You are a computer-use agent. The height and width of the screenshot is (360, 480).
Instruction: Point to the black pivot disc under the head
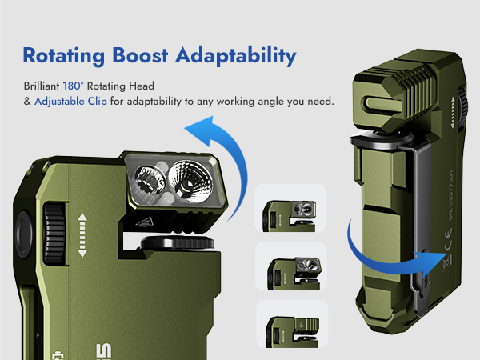tap(169, 244)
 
